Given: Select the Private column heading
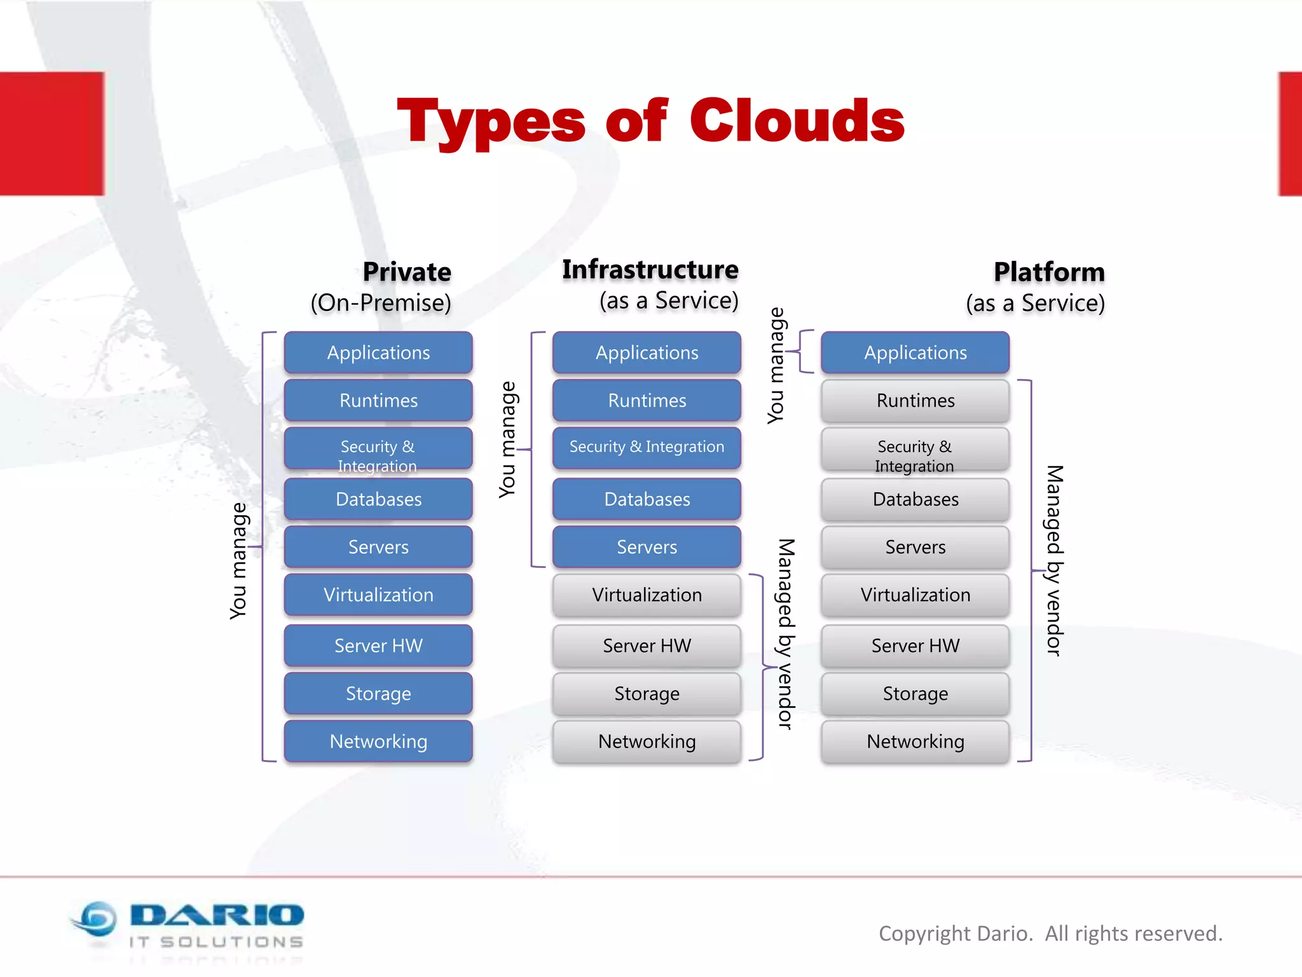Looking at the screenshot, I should [x=407, y=272].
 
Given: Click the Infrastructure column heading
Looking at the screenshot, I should [x=650, y=270].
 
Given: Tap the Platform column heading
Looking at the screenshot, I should [x=1049, y=272].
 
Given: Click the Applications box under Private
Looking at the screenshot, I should [x=378, y=352].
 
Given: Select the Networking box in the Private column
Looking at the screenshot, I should [x=378, y=741].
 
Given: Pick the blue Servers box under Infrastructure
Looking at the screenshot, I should [x=647, y=547].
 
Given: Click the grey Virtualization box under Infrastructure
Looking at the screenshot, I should [x=647, y=595].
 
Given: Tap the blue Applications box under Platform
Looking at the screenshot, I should [x=915, y=352].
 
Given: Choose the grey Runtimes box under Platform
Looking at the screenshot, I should [x=915, y=401].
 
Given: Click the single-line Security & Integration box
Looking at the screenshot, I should [x=647, y=447].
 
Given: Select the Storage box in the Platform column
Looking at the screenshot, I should [x=915, y=693].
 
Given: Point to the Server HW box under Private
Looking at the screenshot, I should [x=378, y=646].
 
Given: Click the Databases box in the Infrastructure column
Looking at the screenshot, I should [x=647, y=499].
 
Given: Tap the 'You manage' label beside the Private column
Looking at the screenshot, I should [x=238, y=561].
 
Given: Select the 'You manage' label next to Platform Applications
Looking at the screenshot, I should [x=776, y=366].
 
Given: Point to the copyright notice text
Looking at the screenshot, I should [x=1050, y=934].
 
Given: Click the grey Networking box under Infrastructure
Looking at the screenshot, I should [x=647, y=741].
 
